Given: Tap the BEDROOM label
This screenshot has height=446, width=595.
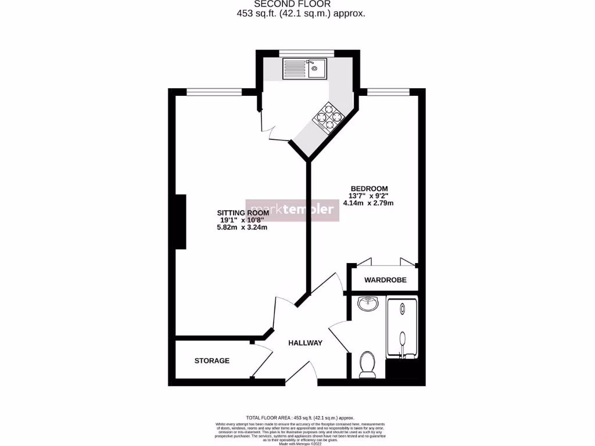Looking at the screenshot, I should point(369,188).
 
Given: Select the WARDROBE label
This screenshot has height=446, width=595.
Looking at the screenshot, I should point(385,280).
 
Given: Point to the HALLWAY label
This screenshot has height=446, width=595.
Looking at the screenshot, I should point(305,343).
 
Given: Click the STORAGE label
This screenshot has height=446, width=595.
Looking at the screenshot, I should point(212,361).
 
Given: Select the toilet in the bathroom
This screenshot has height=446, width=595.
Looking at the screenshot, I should point(367,364).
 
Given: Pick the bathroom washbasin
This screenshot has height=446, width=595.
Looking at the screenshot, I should point(367,304).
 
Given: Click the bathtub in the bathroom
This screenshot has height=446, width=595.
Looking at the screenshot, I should point(402,328).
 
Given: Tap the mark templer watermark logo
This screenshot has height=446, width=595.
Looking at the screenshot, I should point(292,208).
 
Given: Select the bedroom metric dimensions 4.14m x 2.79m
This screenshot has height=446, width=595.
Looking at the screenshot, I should point(369,203).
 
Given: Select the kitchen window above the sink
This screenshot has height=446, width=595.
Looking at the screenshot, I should point(306,53).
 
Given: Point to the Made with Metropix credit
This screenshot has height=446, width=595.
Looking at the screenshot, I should point(300,443).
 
